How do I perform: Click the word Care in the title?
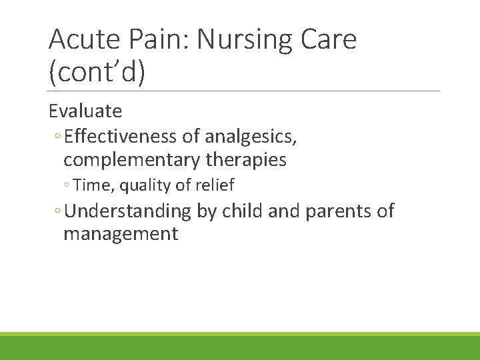(x=327, y=41)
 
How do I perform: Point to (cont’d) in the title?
(x=97, y=73)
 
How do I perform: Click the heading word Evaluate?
(x=85, y=110)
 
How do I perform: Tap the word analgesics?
(x=259, y=137)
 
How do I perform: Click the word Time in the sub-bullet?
(x=95, y=185)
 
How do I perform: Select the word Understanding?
(x=128, y=211)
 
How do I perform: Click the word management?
(x=121, y=234)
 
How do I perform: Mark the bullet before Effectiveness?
(x=59, y=137)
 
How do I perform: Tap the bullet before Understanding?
(x=59, y=212)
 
